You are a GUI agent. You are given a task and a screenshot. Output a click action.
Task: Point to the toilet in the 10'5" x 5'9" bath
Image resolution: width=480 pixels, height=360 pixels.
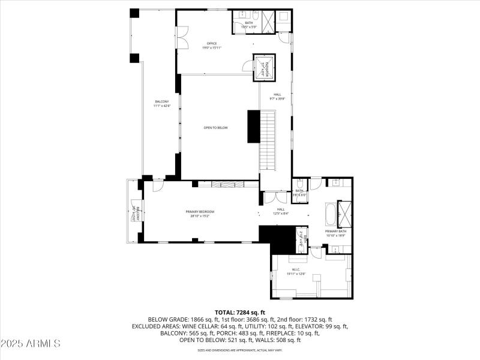(x=255, y=15)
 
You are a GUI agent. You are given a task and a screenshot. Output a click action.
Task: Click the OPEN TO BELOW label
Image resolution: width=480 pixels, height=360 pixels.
(x=215, y=128)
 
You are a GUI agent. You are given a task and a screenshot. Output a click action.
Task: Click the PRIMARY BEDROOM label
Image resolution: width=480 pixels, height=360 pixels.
(x=200, y=213)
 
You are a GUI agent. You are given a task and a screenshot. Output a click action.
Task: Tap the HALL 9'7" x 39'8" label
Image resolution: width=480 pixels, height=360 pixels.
(x=277, y=96)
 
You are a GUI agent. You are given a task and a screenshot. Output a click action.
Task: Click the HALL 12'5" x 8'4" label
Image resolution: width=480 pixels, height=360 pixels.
(x=280, y=211)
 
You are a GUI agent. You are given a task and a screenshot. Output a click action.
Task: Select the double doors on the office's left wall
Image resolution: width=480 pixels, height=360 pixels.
(x=182, y=37)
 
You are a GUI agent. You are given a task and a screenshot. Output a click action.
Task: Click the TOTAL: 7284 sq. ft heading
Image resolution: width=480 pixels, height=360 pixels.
(x=240, y=313)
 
